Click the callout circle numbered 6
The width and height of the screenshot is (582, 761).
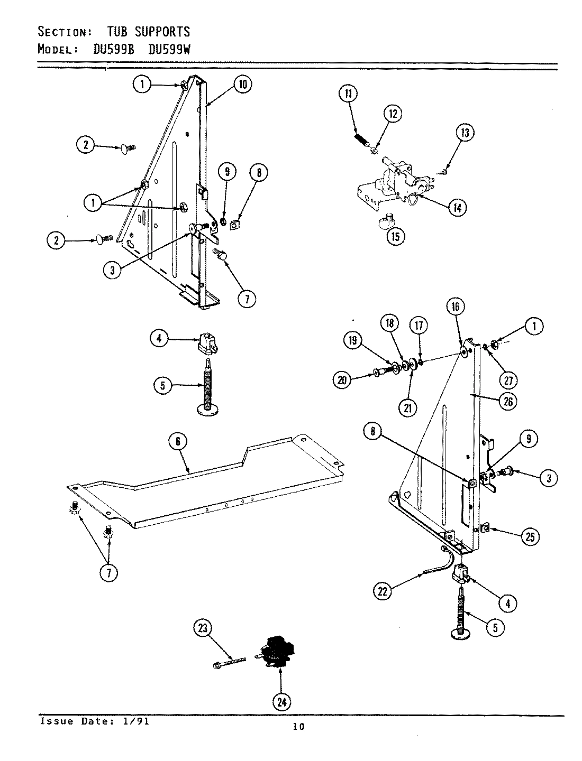[x=178, y=441]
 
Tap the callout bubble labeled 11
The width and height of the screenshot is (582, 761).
[x=348, y=94]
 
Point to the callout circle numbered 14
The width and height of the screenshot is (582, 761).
[x=457, y=208]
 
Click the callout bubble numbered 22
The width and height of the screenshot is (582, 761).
[x=383, y=591]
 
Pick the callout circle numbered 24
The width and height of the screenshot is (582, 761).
[x=281, y=702]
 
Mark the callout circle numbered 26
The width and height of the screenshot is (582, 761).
[x=507, y=401]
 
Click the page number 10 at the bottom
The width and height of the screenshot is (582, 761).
[x=298, y=727]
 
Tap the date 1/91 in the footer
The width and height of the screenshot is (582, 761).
[x=139, y=721]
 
